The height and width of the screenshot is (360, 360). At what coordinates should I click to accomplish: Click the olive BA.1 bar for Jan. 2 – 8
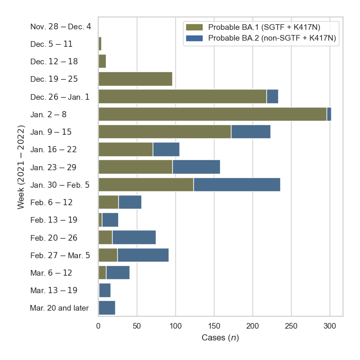point(212,114)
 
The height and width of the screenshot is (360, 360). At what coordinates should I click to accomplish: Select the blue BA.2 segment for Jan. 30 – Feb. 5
point(237,185)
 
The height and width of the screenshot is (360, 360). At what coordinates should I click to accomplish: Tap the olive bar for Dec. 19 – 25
point(135,79)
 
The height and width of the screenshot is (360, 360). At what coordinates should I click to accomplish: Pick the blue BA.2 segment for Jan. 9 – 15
point(250,132)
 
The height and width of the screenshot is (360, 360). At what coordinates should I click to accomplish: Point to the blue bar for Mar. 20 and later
point(106,308)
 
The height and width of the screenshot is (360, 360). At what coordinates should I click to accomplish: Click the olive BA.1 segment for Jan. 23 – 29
point(135,167)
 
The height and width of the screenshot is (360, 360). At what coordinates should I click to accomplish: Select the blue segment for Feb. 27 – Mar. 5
point(143,255)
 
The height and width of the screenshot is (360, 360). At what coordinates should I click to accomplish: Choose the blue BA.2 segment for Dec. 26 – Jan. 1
point(272,96)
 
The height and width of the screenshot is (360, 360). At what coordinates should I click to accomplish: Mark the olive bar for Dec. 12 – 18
point(102,61)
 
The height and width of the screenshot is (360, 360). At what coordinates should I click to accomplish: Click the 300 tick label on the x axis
point(330,326)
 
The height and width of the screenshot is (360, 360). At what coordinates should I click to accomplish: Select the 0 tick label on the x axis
point(98,326)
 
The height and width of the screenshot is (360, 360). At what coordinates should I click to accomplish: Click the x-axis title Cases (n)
point(220,338)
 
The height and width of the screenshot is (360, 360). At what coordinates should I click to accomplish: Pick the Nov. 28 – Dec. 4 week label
point(61,26)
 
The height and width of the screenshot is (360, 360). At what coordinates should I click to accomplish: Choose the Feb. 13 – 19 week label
point(54,220)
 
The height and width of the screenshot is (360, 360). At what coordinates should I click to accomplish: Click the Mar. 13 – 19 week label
point(54,291)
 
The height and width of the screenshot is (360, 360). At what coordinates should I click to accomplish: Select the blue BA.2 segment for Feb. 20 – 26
point(134,238)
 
